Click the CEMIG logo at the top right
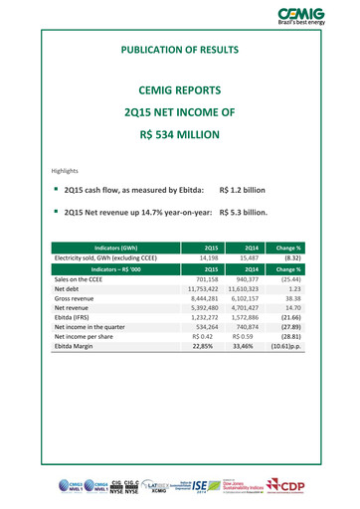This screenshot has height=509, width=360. (x=313, y=16)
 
